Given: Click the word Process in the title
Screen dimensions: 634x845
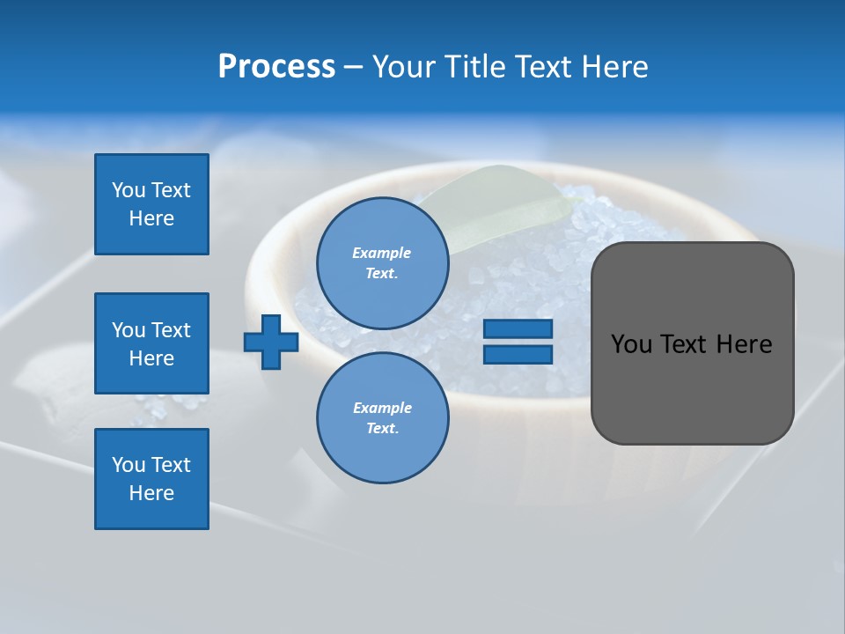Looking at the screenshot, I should click(276, 67).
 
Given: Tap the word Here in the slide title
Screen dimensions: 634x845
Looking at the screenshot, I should click(614, 67).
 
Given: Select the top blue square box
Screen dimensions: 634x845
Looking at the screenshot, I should click(151, 204).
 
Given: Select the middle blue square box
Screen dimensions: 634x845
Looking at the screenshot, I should click(151, 343).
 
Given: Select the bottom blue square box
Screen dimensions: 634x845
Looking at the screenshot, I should click(151, 479).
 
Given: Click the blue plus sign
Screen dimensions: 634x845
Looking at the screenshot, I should click(271, 342).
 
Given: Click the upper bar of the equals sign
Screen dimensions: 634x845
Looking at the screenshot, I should click(518, 328).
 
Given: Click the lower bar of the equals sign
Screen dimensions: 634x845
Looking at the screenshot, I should click(518, 354).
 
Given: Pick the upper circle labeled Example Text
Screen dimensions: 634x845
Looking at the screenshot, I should click(382, 263).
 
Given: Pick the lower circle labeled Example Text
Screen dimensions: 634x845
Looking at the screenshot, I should click(382, 418).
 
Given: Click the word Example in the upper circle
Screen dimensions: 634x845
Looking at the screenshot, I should click(382, 253).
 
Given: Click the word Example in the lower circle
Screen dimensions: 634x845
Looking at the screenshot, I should click(382, 408).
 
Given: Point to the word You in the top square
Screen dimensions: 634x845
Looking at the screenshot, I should click(129, 190).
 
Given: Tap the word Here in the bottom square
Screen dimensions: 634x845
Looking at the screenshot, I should click(151, 493).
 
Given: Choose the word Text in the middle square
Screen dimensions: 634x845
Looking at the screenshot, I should click(171, 330).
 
